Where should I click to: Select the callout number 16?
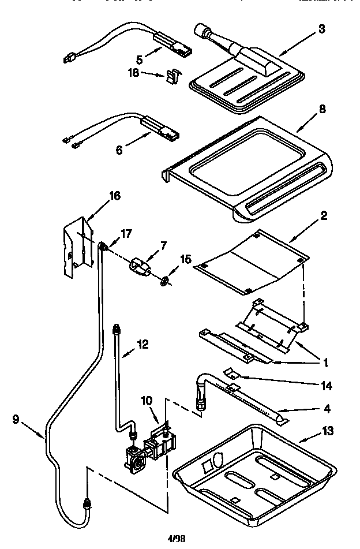point(115,196)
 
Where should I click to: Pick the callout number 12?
point(142,345)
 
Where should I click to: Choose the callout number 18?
point(133,72)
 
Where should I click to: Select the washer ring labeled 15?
point(164,281)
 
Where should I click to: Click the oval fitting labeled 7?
point(138,267)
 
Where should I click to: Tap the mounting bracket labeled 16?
point(77,242)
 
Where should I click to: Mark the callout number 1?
point(325,363)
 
